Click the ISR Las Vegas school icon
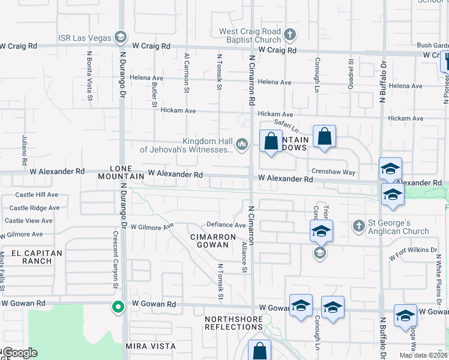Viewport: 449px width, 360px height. click(x=121, y=38)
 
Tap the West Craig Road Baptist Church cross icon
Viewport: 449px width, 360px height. click(x=291, y=34)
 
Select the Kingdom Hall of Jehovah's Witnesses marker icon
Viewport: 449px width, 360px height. click(x=242, y=144)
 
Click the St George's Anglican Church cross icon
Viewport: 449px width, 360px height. click(x=359, y=226)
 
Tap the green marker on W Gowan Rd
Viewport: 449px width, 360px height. click(x=118, y=307)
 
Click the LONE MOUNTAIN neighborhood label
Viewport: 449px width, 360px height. click(x=127, y=173)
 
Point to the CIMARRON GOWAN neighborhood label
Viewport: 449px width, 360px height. click(x=212, y=241)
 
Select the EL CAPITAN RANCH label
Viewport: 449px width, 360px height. click(x=34, y=257)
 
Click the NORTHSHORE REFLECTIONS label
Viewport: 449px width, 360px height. click(x=234, y=323)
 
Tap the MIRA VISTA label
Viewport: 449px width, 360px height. click(x=151, y=346)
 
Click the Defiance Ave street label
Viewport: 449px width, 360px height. click(x=226, y=225)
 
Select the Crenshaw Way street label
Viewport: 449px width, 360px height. click(x=333, y=172)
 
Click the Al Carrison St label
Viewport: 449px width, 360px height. click(x=187, y=73)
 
